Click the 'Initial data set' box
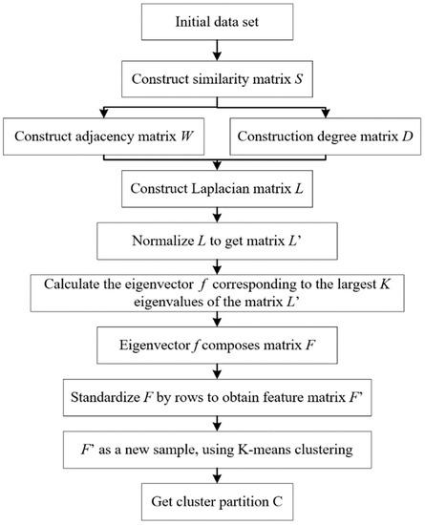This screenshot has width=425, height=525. point(212,21)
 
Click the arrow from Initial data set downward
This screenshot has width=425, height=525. point(212,48)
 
